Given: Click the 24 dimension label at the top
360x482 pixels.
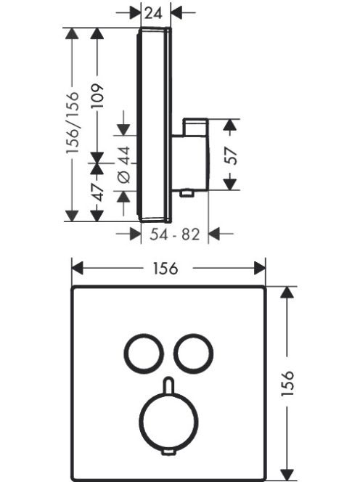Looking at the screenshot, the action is pos(153,13).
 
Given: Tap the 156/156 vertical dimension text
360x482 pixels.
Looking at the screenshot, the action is pos(73,122).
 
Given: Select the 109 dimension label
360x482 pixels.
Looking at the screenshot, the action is pos(98,96).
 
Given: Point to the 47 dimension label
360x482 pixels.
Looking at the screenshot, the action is pos(98,192).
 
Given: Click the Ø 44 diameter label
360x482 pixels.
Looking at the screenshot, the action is pos(125,165).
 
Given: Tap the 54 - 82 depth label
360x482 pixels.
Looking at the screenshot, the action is pos(175,234).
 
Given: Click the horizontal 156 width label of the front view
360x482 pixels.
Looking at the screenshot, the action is pos(165,268).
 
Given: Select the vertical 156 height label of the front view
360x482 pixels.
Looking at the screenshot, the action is pos(287,383).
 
